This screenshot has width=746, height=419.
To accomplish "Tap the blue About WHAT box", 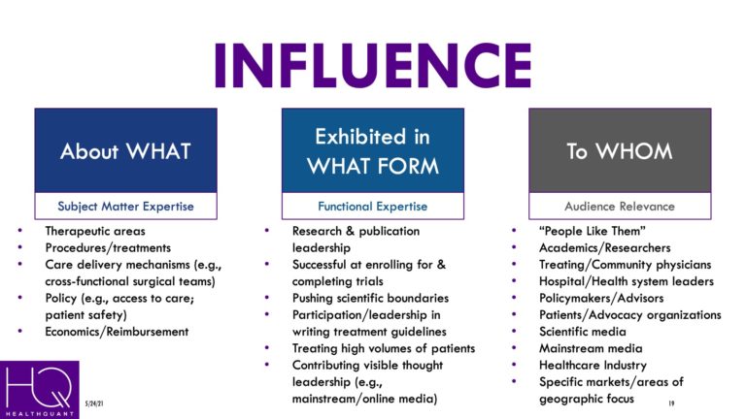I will (126, 150).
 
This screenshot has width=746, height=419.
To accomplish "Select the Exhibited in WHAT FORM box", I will (373, 150).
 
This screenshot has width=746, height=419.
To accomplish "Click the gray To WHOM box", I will (620, 150).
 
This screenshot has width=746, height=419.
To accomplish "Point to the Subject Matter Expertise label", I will (126, 206).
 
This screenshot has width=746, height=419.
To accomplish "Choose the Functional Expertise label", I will (373, 206).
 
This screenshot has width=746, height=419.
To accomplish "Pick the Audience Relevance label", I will (620, 206).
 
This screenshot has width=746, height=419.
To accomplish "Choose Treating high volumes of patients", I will (384, 348).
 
